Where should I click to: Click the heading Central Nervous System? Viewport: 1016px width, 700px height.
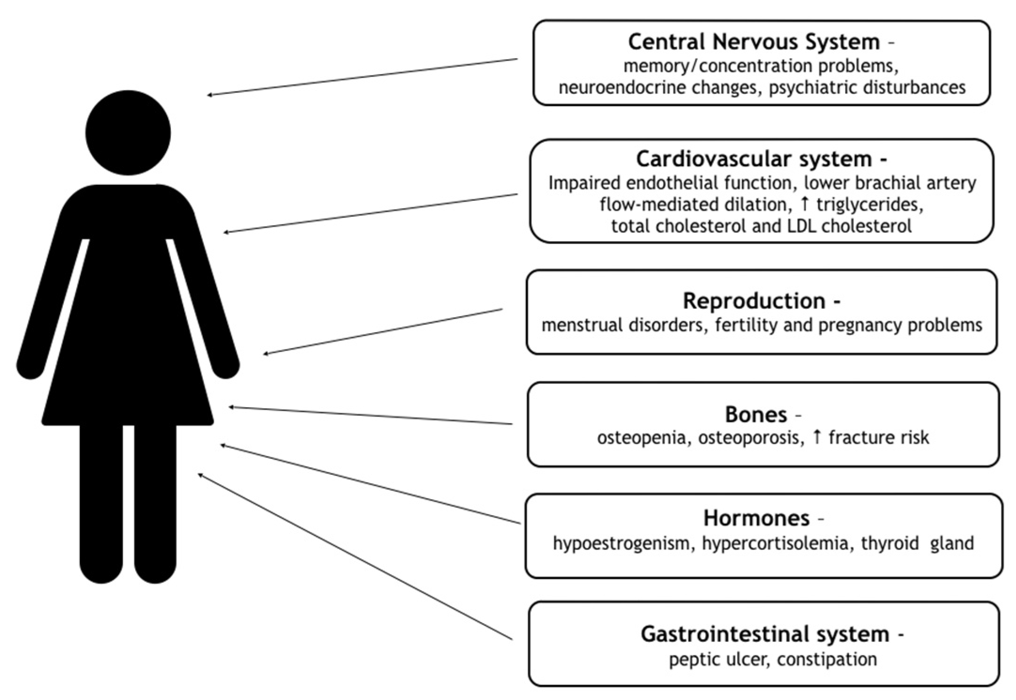pyautogui.click(x=754, y=42)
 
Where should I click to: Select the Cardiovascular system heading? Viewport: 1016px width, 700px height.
pyautogui.click(x=754, y=160)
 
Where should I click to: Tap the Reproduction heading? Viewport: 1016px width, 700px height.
pyautogui.click(x=754, y=301)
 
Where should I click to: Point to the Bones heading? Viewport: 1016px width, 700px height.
pyautogui.click(x=756, y=415)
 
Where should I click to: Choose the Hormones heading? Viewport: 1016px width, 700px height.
pyautogui.click(x=756, y=518)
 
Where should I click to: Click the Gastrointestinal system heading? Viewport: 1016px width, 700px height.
pyautogui.click(x=765, y=634)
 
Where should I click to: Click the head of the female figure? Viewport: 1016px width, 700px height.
pyautogui.click(x=128, y=133)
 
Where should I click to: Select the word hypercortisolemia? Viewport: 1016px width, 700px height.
pyautogui.click(x=775, y=543)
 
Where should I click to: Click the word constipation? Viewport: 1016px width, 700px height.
pyautogui.click(x=827, y=659)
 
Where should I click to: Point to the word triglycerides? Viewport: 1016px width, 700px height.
pyautogui.click(x=869, y=205)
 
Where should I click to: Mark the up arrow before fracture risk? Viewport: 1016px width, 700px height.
pyautogui.click(x=817, y=437)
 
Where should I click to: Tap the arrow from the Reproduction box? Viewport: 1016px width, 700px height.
pyautogui.click(x=383, y=331)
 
